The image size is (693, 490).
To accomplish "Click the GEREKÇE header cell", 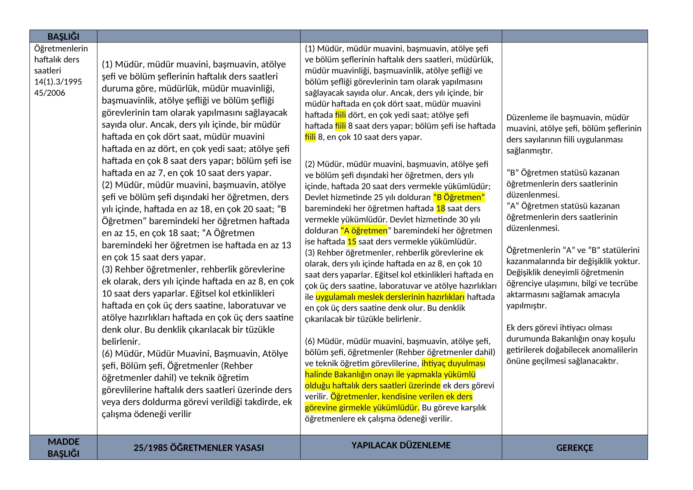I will pyautogui.click(x=574, y=448).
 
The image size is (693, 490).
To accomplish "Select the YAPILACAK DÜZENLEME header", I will pyautogui.click(x=401, y=445).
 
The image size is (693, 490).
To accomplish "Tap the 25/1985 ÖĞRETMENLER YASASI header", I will pyautogui.click(x=199, y=448).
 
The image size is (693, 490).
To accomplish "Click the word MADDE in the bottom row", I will pyautogui.click(x=63, y=442).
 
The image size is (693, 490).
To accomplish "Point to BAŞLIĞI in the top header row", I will pyautogui.click(x=63, y=36).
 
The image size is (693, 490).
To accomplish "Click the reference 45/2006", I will pyautogui.click(x=49, y=93).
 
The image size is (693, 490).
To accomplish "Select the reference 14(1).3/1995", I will pyautogui.click(x=58, y=82).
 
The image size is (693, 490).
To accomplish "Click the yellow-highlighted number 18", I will pyautogui.click(x=440, y=209).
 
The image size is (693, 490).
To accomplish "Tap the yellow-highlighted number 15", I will pyautogui.click(x=352, y=242).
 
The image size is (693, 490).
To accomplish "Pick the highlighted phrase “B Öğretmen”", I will pyautogui.click(x=458, y=197).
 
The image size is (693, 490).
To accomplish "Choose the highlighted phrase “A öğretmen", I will pyautogui.click(x=364, y=231).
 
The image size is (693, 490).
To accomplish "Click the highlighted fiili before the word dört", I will pyautogui.click(x=340, y=115).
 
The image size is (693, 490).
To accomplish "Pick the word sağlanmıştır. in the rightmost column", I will pyautogui.click(x=529, y=150).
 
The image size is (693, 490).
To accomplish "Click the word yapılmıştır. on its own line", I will pyautogui.click(x=526, y=306).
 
